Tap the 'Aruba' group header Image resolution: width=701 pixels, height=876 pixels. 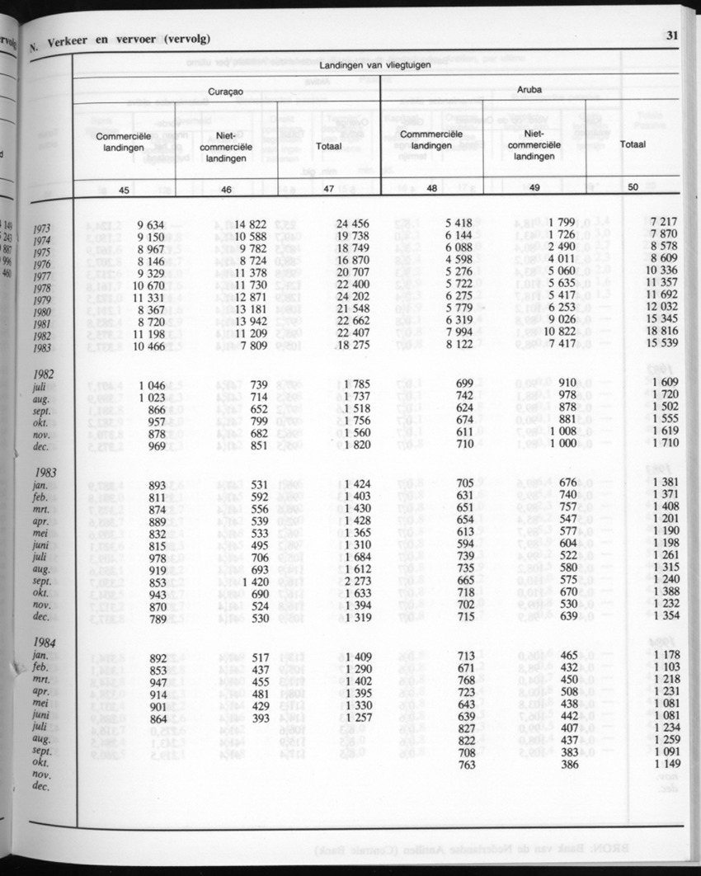tap(529, 88)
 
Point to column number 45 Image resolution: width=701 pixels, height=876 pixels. tap(125, 191)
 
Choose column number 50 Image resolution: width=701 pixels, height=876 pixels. tap(633, 187)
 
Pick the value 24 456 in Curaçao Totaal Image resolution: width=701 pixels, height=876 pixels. tap(350, 224)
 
